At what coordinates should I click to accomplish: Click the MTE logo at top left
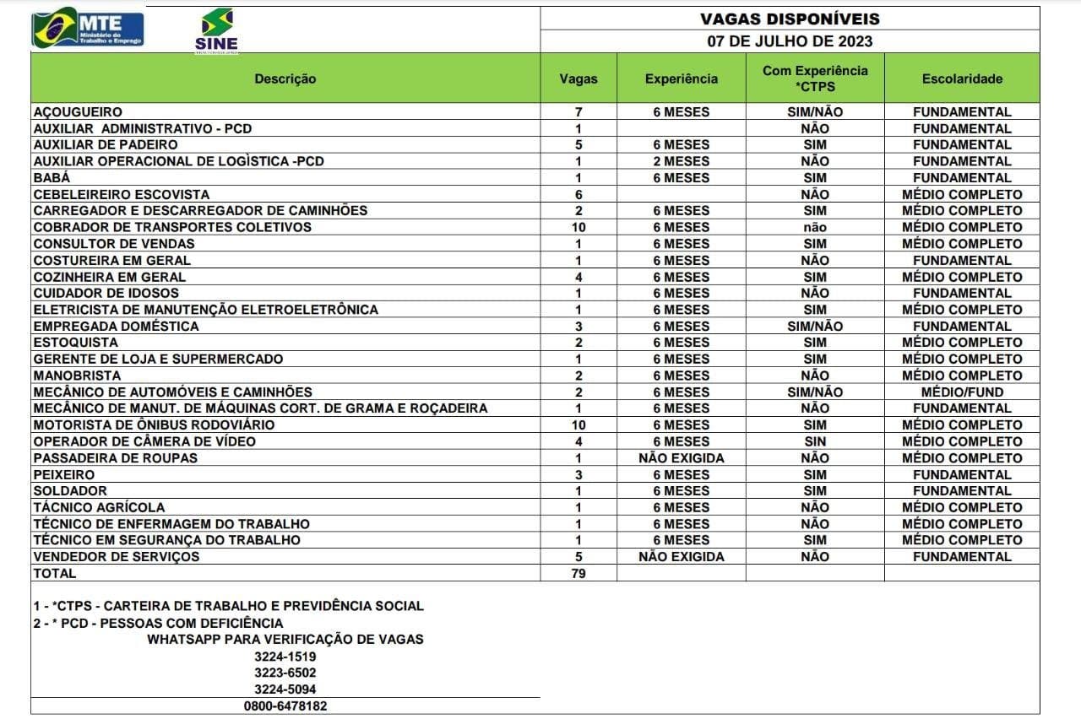pyautogui.click(x=88, y=29)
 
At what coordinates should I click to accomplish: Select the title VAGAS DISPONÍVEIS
pyautogui.click(x=790, y=19)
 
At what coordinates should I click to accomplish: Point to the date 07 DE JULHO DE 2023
pyautogui.click(x=790, y=41)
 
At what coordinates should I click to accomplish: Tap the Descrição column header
pyautogui.click(x=285, y=78)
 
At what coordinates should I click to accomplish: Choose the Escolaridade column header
pyautogui.click(x=962, y=78)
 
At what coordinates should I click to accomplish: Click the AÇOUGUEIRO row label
pyautogui.click(x=78, y=111)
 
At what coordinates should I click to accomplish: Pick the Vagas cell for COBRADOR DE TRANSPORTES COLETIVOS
pyautogui.click(x=579, y=227)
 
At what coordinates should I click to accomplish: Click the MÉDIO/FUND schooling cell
pyautogui.click(x=962, y=392)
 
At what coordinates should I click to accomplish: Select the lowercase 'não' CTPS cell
pyautogui.click(x=815, y=227)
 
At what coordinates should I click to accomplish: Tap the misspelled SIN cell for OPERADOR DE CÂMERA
pyautogui.click(x=815, y=441)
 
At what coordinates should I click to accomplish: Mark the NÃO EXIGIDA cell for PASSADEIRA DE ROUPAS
pyautogui.click(x=681, y=457)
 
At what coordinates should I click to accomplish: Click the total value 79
pyautogui.click(x=579, y=573)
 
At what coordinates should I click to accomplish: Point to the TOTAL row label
pyautogui.click(x=55, y=573)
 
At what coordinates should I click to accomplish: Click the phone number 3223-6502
pyautogui.click(x=285, y=673)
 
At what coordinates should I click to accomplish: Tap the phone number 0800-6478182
pyautogui.click(x=285, y=705)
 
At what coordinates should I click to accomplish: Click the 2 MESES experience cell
pyautogui.click(x=681, y=161)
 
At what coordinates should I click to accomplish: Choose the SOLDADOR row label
pyautogui.click(x=70, y=490)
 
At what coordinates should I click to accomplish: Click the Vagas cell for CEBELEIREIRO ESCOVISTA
pyautogui.click(x=579, y=194)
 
